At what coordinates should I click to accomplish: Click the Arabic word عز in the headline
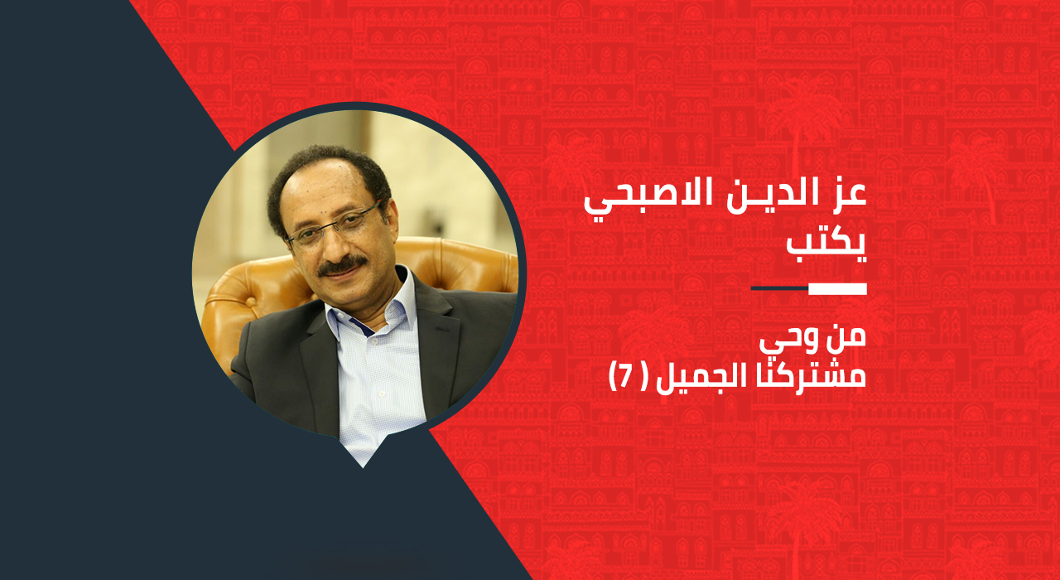click(x=847, y=195)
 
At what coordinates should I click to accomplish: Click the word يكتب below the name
click(x=826, y=247)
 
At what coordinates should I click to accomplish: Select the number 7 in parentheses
click(x=626, y=377)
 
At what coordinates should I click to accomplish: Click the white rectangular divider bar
click(x=837, y=289)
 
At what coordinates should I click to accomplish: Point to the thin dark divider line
click(x=779, y=288)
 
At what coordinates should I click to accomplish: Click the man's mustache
click(x=342, y=266)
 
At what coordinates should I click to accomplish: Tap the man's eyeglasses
click(x=335, y=224)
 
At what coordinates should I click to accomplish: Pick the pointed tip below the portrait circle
click(x=363, y=468)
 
